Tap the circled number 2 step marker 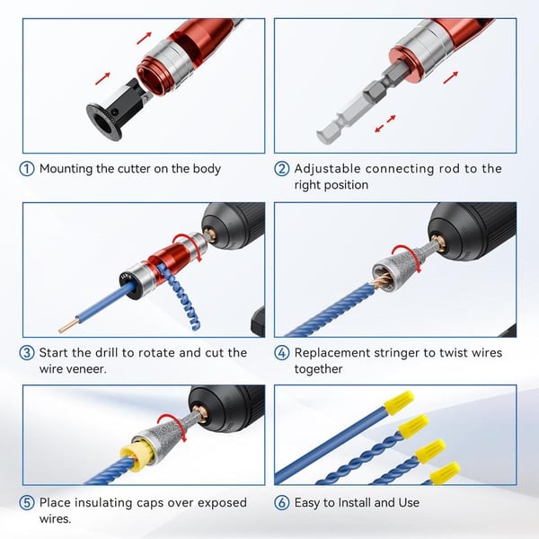pos(282,169)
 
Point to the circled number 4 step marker pos(282,352)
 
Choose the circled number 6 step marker pos(282,502)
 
